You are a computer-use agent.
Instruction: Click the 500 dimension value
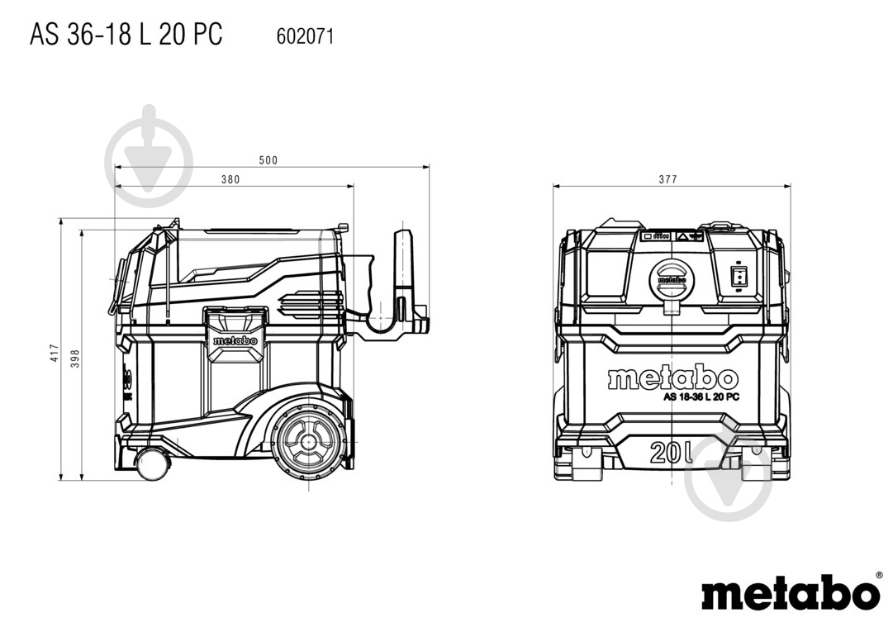(x=268, y=160)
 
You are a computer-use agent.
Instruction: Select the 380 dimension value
(x=230, y=179)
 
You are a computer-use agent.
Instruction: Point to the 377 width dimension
(x=668, y=179)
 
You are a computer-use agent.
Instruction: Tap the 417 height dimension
(x=54, y=353)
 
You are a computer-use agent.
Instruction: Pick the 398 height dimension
(x=75, y=359)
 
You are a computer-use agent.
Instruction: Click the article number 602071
(x=306, y=36)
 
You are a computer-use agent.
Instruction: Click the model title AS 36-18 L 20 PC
(x=126, y=34)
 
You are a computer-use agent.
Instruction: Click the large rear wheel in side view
(x=309, y=441)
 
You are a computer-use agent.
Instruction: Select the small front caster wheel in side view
(x=153, y=463)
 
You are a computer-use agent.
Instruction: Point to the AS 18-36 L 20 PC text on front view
(x=701, y=397)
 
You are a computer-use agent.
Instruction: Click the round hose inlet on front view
(x=672, y=280)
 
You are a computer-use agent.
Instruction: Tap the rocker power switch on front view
(x=739, y=276)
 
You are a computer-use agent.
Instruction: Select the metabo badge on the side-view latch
(x=235, y=340)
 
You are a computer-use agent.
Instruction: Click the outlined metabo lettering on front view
(x=672, y=378)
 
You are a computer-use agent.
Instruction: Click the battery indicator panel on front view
(x=657, y=235)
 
